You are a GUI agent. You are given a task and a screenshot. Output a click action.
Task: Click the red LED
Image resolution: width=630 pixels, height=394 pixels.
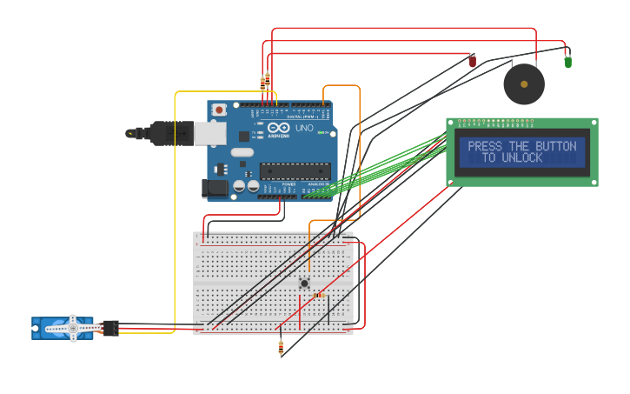point(473,61)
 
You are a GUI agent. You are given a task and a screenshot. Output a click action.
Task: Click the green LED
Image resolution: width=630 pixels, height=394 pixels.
point(567,62)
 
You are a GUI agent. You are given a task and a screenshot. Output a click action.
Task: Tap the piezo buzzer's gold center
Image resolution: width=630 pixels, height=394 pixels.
point(524,84)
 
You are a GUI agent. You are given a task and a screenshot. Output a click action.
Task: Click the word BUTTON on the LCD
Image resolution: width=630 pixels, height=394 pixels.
point(555,147)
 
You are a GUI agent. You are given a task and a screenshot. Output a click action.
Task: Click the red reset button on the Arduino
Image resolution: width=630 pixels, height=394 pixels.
point(220,110)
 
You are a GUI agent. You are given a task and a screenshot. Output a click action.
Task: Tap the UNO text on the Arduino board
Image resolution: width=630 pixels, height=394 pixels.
point(304,128)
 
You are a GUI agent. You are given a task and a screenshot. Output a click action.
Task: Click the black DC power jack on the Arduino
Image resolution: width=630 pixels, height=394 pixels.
point(214,187)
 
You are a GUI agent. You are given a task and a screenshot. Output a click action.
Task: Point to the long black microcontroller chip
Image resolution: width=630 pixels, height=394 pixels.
point(295,171)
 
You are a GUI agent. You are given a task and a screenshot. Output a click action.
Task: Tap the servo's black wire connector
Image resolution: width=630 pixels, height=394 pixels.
point(110,328)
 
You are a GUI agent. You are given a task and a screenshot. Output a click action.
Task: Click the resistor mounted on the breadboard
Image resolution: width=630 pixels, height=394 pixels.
point(319,295)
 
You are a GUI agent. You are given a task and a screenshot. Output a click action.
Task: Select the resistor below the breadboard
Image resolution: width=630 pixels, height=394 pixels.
point(281,348)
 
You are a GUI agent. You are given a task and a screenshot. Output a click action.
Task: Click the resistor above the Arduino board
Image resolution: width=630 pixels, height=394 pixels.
point(265,83)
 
